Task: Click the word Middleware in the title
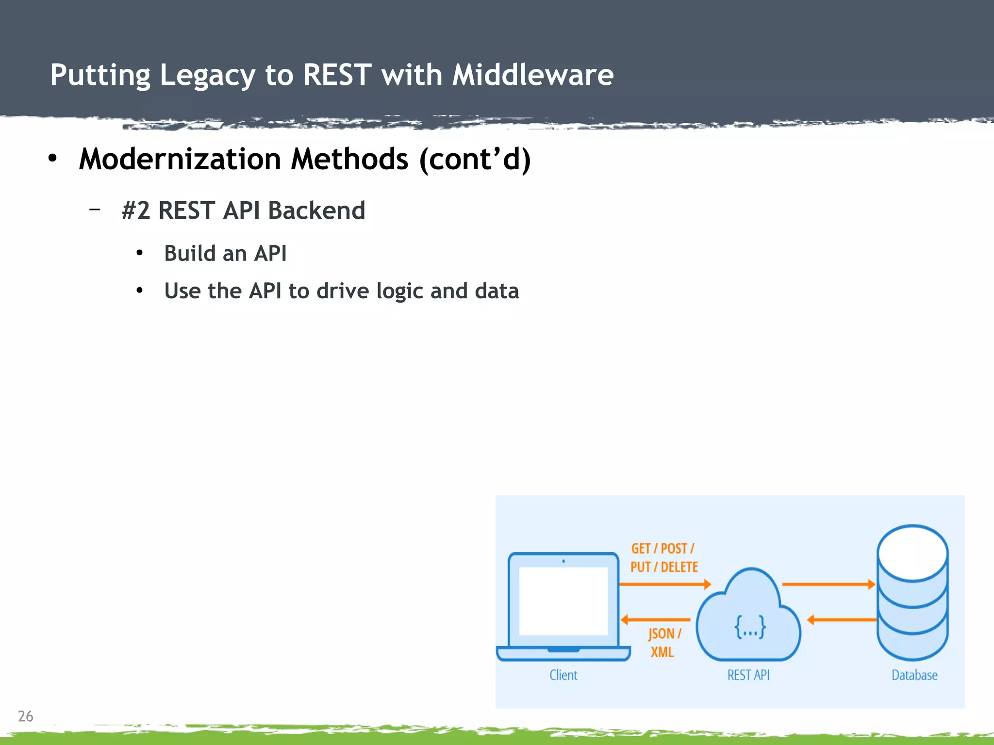click(533, 75)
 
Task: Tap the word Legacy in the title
click(207, 76)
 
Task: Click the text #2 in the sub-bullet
click(135, 211)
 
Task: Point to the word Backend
click(316, 211)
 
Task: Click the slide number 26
click(25, 716)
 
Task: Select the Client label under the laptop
click(563, 675)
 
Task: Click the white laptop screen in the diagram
click(563, 601)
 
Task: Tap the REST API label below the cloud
click(748, 675)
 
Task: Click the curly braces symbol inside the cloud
click(750, 627)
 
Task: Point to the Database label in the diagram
click(914, 675)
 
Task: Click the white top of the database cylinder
click(912, 553)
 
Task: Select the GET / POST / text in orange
click(663, 549)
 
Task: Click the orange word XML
click(662, 652)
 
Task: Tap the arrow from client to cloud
click(665, 584)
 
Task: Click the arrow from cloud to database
click(828, 584)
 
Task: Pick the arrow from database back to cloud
click(842, 620)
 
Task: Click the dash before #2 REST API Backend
click(95, 210)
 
